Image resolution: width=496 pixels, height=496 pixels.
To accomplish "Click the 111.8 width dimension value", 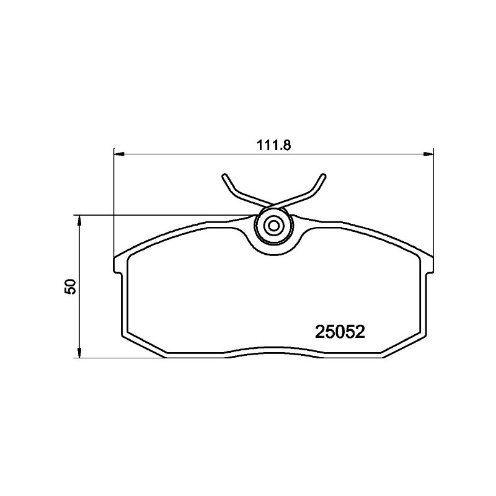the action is (x=273, y=145).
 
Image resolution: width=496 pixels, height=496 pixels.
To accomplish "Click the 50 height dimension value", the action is (x=70, y=286).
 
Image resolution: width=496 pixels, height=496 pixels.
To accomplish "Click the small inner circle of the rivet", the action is (x=273, y=226).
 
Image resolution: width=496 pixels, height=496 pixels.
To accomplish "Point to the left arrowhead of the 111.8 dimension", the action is (x=118, y=154).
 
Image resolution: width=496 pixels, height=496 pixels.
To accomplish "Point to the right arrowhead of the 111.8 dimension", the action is (x=428, y=154).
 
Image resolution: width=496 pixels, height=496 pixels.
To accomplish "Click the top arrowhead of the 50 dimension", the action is (x=80, y=221).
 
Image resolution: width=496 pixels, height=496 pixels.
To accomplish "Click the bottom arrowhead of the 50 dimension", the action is (x=80, y=353).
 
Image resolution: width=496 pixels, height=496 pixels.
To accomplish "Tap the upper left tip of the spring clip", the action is (x=224, y=176).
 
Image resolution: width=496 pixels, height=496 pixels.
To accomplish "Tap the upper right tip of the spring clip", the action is (x=323, y=176).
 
